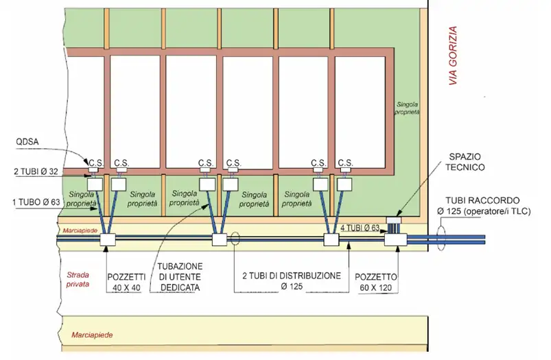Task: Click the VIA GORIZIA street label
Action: point(452,56)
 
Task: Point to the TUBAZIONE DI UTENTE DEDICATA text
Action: point(180,276)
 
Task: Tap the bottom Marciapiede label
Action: point(91,335)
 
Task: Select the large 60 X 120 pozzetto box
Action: point(396,239)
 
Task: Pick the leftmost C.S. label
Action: point(94,163)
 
